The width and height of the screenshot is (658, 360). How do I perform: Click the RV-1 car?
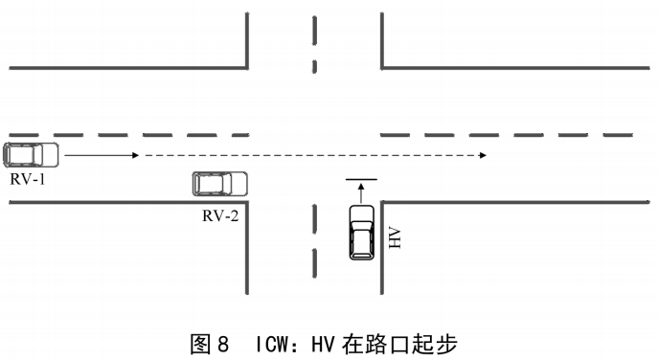pyautogui.click(x=32, y=153)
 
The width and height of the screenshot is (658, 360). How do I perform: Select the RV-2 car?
pyautogui.click(x=218, y=183)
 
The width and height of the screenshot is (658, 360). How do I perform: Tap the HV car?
pyautogui.click(x=362, y=232)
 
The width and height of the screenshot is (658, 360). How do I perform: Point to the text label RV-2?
pyautogui.click(x=219, y=214)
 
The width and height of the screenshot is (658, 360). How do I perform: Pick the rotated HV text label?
pyautogui.click(x=394, y=237)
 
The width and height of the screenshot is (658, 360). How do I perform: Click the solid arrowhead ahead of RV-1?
pyautogui.click(x=137, y=153)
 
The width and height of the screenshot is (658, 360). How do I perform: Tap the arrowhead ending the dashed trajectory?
pyautogui.click(x=483, y=153)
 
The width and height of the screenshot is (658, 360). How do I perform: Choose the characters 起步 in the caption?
pyautogui.click(x=445, y=342)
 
